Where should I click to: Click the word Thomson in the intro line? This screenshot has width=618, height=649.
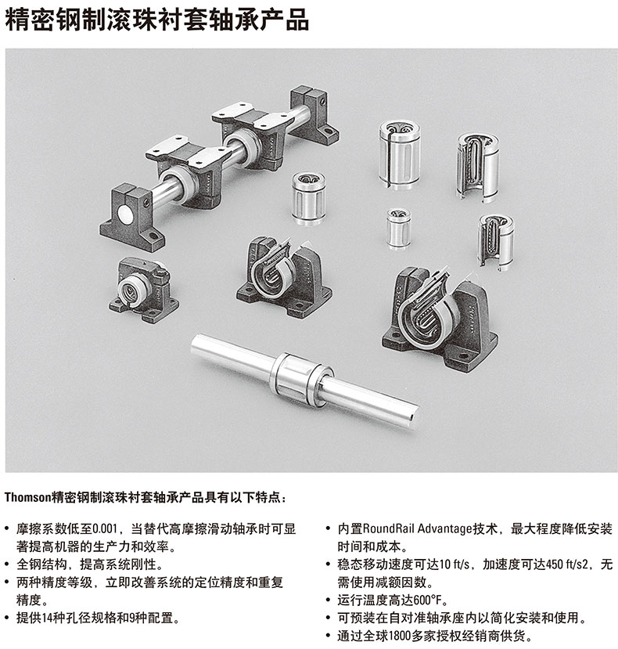click(x=27, y=497)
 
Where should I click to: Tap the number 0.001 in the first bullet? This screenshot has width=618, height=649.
click(x=105, y=529)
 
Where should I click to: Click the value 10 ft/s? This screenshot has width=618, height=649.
click(x=455, y=564)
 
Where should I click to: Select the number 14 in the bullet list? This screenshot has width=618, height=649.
click(x=48, y=618)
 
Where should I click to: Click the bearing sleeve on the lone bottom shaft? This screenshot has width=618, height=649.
click(x=300, y=379)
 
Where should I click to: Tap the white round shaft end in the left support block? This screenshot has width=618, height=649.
click(x=125, y=215)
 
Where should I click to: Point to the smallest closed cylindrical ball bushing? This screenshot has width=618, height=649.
click(x=399, y=228)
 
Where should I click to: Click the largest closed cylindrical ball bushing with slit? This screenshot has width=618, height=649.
click(x=399, y=154)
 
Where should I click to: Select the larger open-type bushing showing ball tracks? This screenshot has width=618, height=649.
click(x=478, y=168)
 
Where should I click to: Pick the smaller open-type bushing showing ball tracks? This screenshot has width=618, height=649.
click(x=495, y=242)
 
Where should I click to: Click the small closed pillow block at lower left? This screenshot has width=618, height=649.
click(x=142, y=290)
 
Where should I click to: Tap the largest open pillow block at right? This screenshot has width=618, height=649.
click(x=440, y=319)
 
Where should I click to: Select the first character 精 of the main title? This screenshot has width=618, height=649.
click(x=17, y=19)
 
